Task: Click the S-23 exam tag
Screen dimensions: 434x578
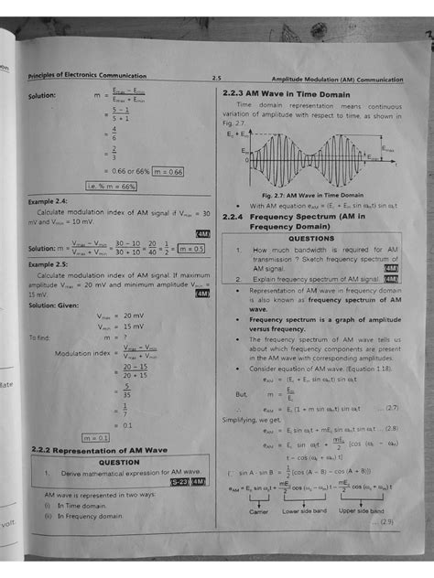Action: (178, 482)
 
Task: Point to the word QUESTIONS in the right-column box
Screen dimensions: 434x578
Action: (310, 237)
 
